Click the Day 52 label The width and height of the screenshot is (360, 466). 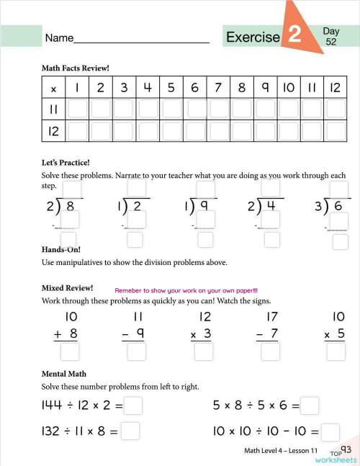click(331, 37)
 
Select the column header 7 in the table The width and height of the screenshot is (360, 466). click(217, 89)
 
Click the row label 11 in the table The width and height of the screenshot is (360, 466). click(53, 109)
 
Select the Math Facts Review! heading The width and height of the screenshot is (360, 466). click(76, 68)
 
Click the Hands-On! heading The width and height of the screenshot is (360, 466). click(63, 249)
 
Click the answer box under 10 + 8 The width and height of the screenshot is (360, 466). click(70, 351)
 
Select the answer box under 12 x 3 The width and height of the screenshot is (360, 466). click(204, 351)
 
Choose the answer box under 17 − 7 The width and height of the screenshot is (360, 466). click(270, 351)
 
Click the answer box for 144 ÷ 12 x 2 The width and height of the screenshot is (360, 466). click(134, 405)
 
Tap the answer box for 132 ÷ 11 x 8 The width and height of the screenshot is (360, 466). click(130, 431)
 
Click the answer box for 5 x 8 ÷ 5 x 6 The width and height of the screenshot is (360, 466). click(310, 405)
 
